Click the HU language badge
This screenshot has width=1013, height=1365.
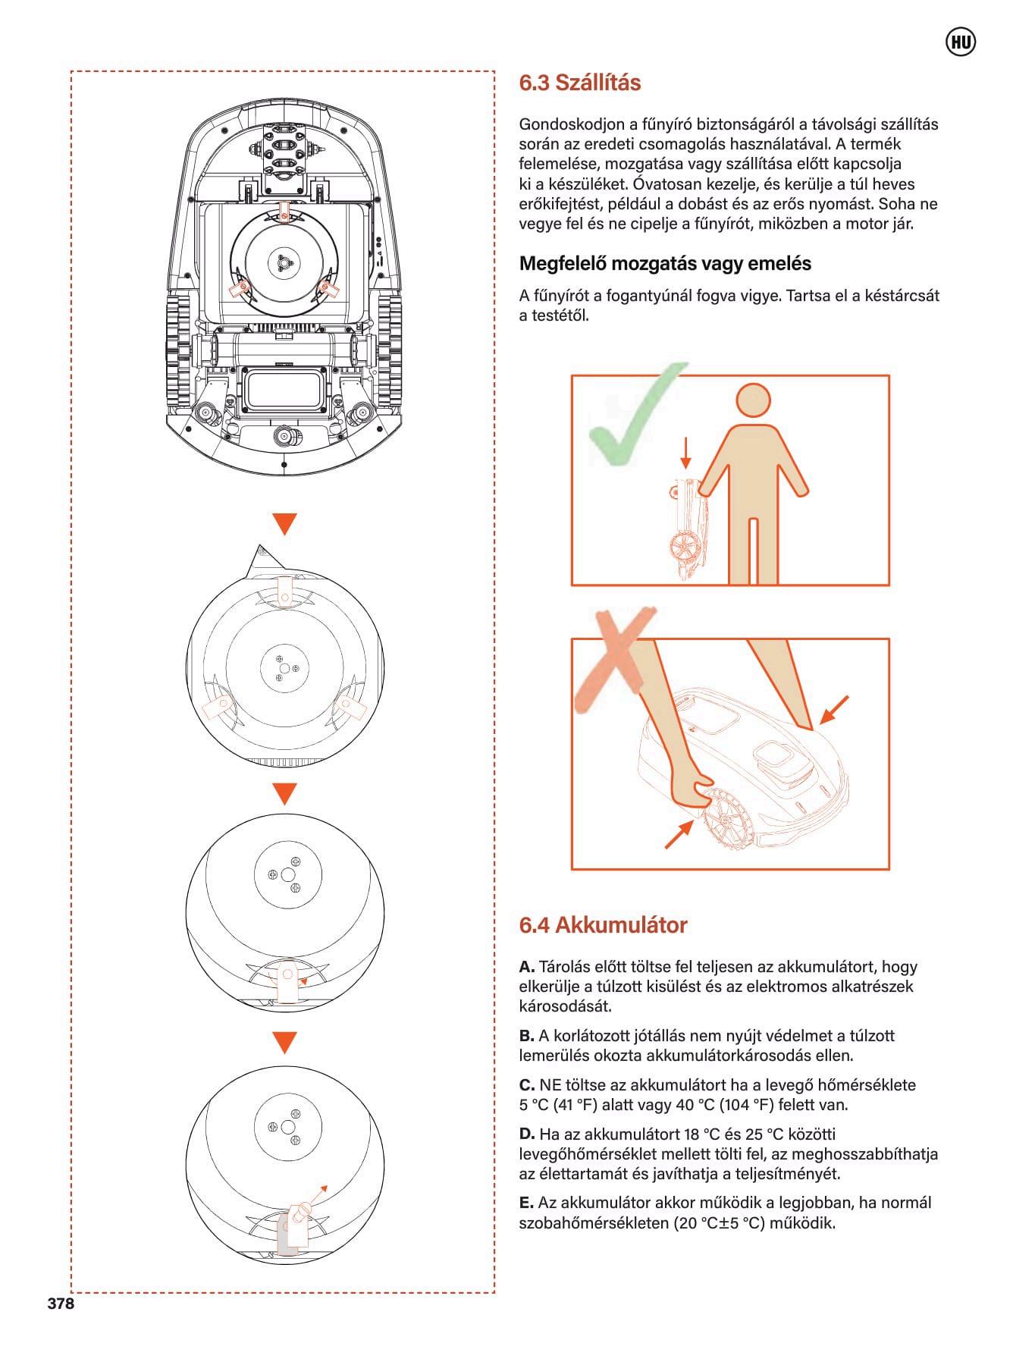click(961, 43)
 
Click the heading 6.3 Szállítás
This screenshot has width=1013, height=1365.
click(579, 83)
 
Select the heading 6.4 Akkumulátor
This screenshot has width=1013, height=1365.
click(603, 925)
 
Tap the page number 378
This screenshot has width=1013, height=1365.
click(61, 1304)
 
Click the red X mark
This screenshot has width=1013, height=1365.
click(614, 660)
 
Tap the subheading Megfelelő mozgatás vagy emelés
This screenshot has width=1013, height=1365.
click(665, 264)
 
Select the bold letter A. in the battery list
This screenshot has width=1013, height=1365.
click(527, 967)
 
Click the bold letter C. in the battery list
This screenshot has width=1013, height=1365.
click(527, 1085)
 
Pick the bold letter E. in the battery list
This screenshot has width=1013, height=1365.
click(526, 1203)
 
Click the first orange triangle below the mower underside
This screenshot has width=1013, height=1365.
click(284, 524)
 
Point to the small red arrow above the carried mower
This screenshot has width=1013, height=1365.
click(686, 453)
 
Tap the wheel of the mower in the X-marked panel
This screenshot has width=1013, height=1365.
click(727, 818)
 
